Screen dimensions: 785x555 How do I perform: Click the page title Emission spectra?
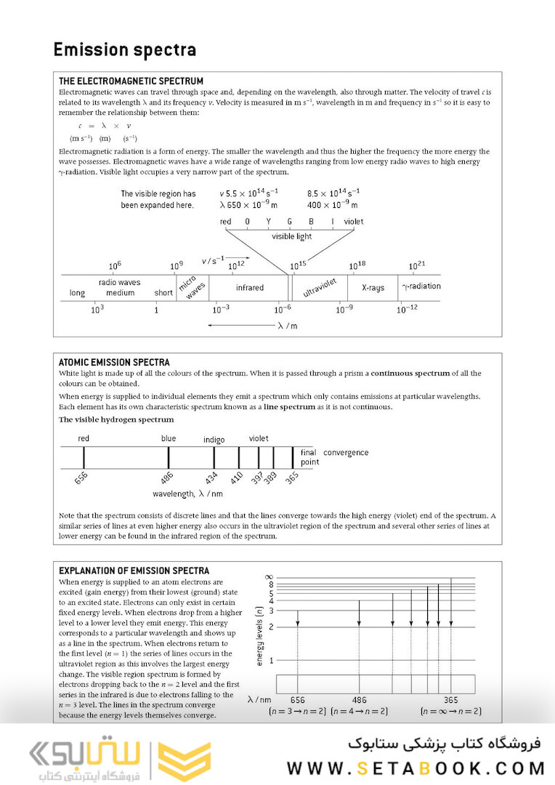pos(125,50)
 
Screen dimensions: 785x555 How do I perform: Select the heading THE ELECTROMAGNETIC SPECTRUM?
pos(131,81)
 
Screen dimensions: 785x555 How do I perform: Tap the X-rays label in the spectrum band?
pos(373,288)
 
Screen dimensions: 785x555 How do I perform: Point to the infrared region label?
pos(250,288)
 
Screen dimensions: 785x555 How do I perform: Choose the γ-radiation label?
pos(421,286)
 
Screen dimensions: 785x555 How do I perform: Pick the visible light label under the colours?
pos(291,236)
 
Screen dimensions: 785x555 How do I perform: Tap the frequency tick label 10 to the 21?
pos(417,267)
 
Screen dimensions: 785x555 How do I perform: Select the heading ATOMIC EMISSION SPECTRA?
pos(114,362)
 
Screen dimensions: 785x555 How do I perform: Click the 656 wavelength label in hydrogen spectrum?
pos(81,480)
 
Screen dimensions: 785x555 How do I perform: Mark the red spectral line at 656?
pos(84,457)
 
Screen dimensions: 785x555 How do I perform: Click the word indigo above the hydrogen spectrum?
pos(214,440)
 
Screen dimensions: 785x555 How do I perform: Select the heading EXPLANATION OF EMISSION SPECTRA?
pos(134,571)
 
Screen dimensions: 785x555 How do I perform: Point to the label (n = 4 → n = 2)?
pos(359,712)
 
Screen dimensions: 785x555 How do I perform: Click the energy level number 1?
pos(271,661)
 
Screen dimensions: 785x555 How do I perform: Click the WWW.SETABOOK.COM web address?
pos(416,768)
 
